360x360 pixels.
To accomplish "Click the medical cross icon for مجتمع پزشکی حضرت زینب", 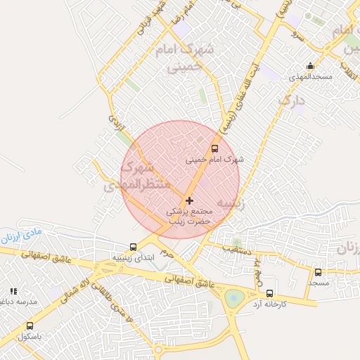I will point(189,200).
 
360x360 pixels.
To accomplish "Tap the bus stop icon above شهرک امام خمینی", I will point(214,148).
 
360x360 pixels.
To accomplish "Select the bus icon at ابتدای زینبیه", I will point(133,247).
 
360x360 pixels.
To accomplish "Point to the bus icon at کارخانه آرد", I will point(270,293).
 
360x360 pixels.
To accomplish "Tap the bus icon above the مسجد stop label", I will point(318,272).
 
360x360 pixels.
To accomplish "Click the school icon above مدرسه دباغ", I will point(13,291).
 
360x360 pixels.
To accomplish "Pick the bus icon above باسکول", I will point(30,326).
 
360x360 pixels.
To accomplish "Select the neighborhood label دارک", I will point(292,101).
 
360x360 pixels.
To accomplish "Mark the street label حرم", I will point(166,251).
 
